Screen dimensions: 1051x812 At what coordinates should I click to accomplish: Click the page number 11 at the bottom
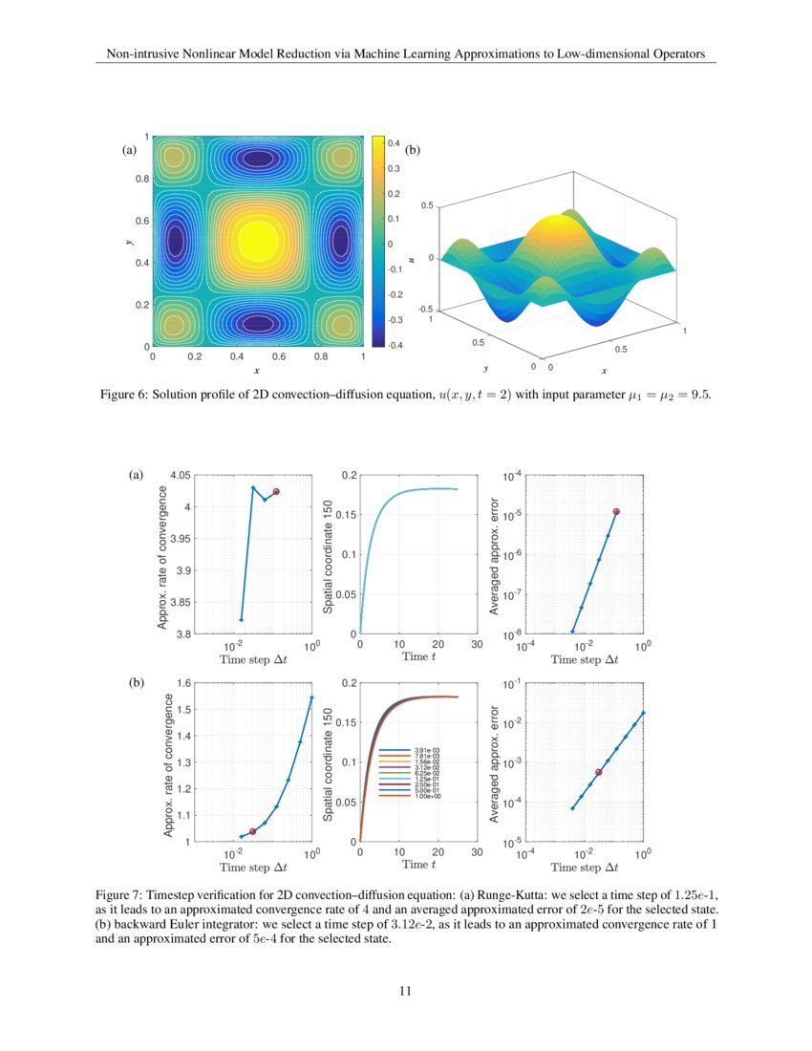(405, 990)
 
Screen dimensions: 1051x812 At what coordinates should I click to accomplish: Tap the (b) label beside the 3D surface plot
(414, 150)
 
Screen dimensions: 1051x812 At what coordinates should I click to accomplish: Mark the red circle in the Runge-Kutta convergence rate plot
(276, 491)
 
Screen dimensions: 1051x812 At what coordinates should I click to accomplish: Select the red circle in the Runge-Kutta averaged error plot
(616, 512)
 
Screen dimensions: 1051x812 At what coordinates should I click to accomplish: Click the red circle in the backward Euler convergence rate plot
(252, 832)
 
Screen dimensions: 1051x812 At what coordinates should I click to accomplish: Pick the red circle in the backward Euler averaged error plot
(598, 772)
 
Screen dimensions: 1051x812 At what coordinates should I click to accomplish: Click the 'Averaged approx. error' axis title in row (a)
(496, 554)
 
